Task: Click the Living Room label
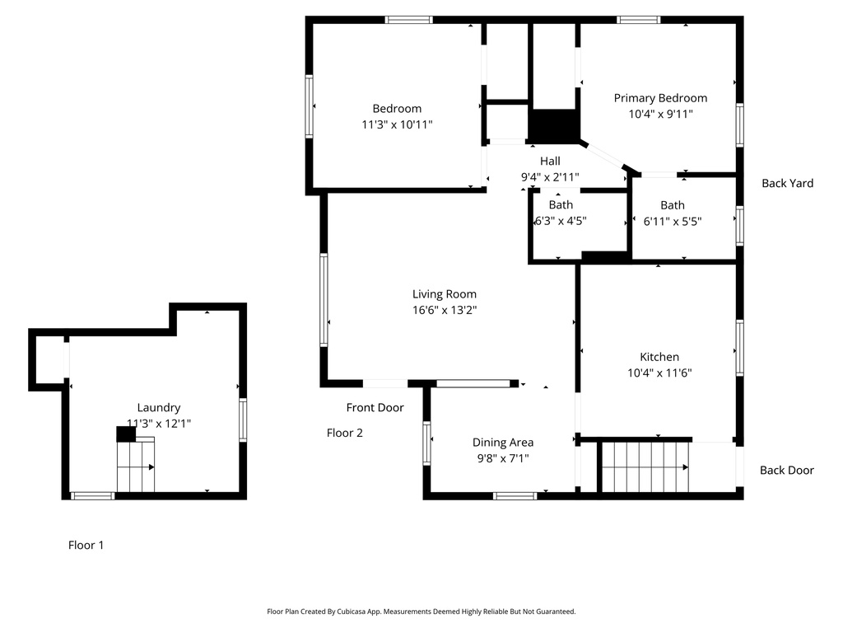pyautogui.click(x=444, y=294)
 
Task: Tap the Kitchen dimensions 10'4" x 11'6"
pyautogui.click(x=659, y=373)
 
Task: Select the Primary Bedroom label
pyautogui.click(x=660, y=98)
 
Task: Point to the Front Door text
pyautogui.click(x=375, y=407)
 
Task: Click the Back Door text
pyautogui.click(x=786, y=470)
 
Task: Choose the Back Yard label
pyautogui.click(x=787, y=183)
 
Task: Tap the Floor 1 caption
pyautogui.click(x=86, y=545)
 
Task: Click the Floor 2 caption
pyautogui.click(x=344, y=433)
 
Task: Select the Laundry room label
pyautogui.click(x=158, y=407)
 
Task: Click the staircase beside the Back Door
pyautogui.click(x=645, y=467)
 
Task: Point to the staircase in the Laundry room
pyautogui.click(x=136, y=467)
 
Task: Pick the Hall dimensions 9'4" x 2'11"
pyautogui.click(x=550, y=177)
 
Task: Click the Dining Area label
pyautogui.click(x=502, y=443)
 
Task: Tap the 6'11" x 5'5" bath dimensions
pyautogui.click(x=672, y=221)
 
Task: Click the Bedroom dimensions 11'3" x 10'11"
pyautogui.click(x=397, y=124)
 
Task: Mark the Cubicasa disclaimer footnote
pyautogui.click(x=421, y=612)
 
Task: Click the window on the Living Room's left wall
pyautogui.click(x=324, y=298)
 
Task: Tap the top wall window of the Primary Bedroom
pyautogui.click(x=638, y=20)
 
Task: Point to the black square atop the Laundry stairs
pyautogui.click(x=126, y=434)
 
